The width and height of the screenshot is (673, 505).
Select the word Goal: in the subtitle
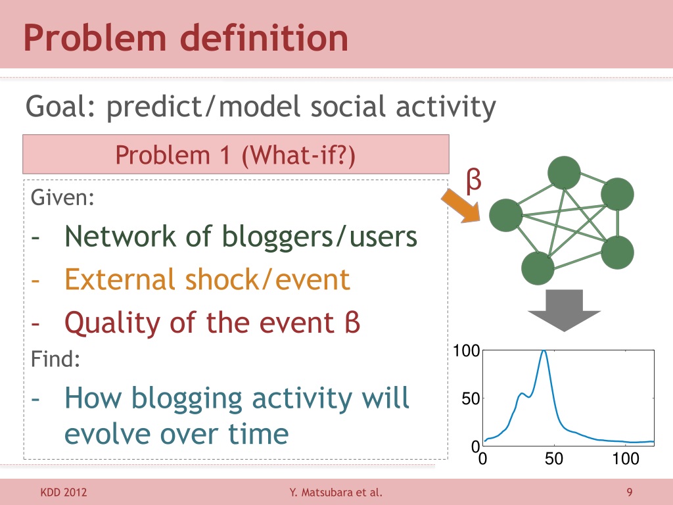click(60, 106)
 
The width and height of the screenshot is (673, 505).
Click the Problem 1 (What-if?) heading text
click(235, 155)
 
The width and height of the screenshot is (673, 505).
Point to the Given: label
click(62, 197)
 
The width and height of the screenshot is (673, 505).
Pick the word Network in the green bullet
click(120, 236)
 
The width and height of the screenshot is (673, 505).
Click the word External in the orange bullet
click(120, 279)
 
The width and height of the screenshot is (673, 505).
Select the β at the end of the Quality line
click(352, 322)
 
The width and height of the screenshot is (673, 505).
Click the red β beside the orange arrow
click(473, 181)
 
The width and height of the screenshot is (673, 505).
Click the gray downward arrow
click(564, 310)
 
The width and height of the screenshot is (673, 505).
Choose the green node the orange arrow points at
click(506, 215)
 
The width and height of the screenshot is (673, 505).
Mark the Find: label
click(55, 359)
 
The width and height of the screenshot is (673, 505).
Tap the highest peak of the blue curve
click(544, 351)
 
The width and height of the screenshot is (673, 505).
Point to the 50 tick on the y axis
click(471, 399)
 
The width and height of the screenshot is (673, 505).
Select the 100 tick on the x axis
click(626, 458)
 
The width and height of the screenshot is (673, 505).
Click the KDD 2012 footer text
click(64, 492)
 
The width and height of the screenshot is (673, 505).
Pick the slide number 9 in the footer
click(630, 492)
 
